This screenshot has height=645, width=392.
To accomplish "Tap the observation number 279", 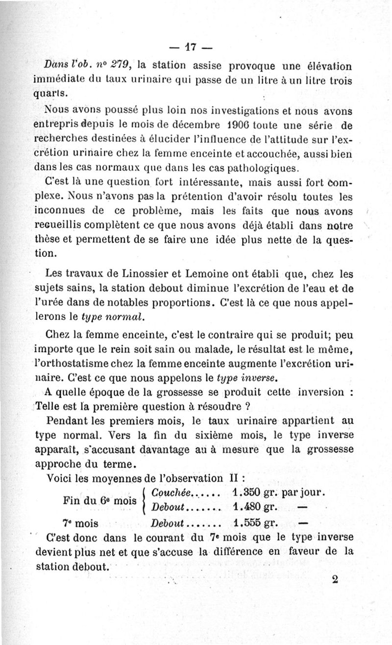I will [x=121, y=64].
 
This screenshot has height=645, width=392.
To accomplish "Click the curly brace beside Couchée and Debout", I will [x=145, y=499].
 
